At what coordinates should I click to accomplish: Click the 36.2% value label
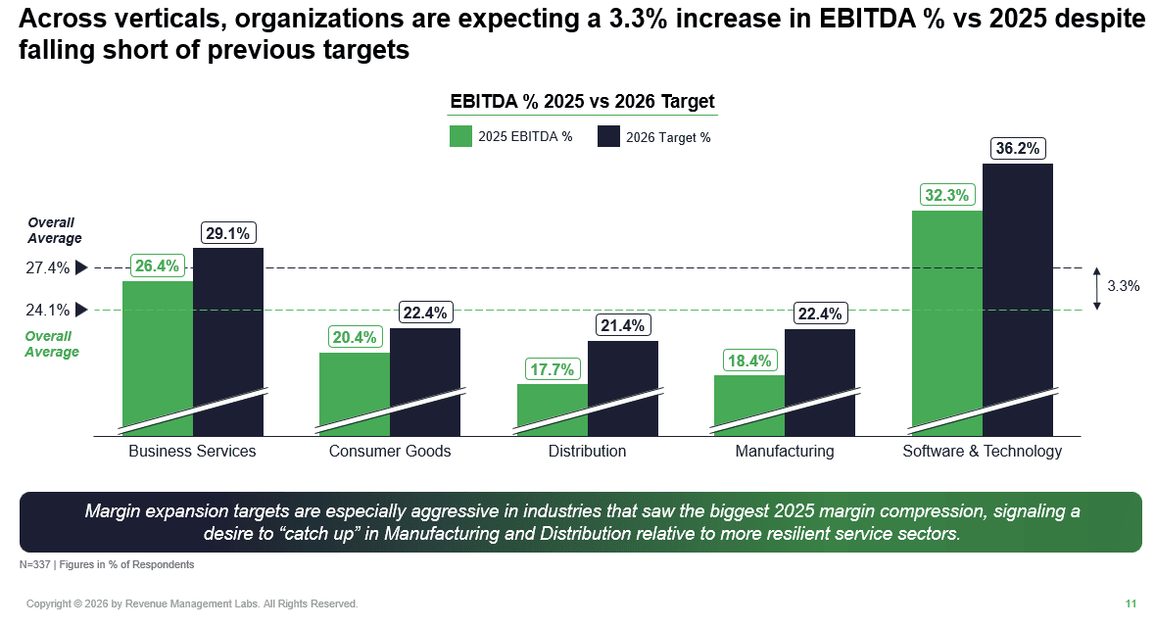(x=1017, y=149)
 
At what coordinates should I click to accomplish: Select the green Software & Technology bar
(x=946, y=313)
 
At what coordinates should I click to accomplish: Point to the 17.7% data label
(x=553, y=369)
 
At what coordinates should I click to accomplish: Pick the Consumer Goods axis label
(x=390, y=452)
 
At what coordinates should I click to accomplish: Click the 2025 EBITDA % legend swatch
(x=460, y=136)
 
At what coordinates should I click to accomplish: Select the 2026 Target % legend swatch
(x=608, y=136)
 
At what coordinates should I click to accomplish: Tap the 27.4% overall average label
(x=47, y=267)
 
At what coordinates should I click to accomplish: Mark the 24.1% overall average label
(x=47, y=310)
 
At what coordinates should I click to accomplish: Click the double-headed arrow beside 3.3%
(x=1097, y=288)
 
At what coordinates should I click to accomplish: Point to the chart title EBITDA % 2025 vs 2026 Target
(x=582, y=102)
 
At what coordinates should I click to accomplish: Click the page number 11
(x=1131, y=603)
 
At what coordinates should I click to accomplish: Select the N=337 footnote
(x=107, y=565)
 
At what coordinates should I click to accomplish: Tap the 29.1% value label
(x=228, y=233)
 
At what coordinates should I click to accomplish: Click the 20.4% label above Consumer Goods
(x=355, y=337)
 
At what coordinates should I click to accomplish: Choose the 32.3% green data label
(x=946, y=195)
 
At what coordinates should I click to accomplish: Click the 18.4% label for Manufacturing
(x=749, y=361)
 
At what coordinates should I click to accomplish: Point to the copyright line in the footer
(x=192, y=603)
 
